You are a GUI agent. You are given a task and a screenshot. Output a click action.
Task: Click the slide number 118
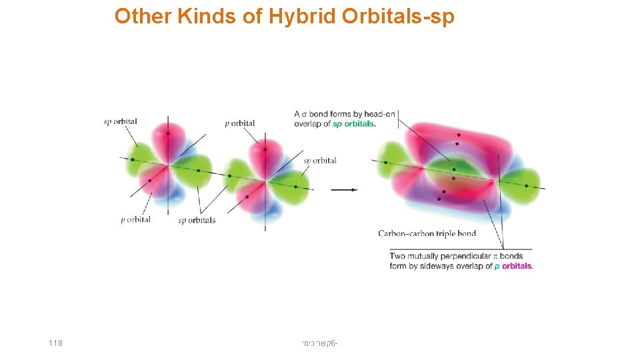pyautogui.click(x=55, y=343)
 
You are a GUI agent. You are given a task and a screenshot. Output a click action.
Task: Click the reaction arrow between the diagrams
pyautogui.click(x=344, y=189)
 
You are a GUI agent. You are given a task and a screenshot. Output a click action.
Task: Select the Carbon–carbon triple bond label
pyautogui.click(x=427, y=233)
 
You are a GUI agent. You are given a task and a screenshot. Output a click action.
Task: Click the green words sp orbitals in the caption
pyautogui.click(x=354, y=124)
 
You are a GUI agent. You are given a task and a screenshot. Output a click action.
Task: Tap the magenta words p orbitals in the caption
pyautogui.click(x=513, y=266)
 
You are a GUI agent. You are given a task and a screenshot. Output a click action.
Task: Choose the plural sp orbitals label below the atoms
pyautogui.click(x=197, y=220)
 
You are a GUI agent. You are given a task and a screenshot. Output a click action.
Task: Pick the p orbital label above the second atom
pyautogui.click(x=240, y=123)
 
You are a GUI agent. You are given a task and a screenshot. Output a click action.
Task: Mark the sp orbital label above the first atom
pyautogui.click(x=121, y=121)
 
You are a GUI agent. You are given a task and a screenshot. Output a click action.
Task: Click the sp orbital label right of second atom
pyautogui.click(x=320, y=160)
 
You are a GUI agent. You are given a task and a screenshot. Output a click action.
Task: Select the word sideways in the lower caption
pyautogui.click(x=441, y=266)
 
